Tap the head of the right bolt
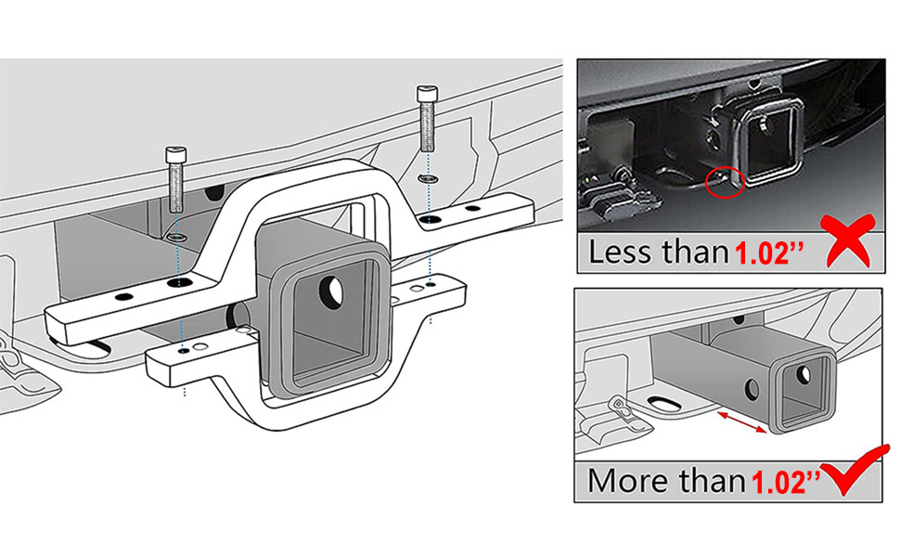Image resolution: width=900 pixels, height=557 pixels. tap(427, 94)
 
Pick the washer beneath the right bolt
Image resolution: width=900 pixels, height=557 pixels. tap(428, 176)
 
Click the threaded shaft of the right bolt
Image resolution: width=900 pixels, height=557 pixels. tap(427, 125)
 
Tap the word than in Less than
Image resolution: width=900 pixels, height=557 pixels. tap(691, 252)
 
